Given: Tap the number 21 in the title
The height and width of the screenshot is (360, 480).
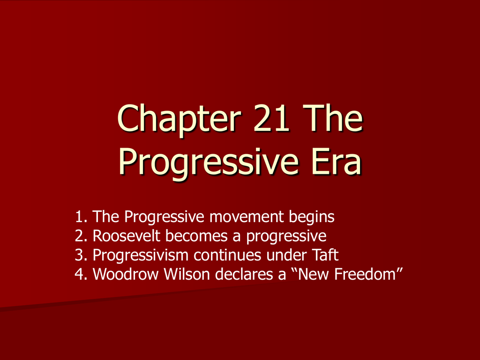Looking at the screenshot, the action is coord(271,118).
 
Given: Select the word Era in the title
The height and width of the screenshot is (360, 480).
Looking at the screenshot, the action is coord(337,161).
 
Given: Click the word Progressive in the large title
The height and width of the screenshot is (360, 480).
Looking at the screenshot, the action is coord(208,164).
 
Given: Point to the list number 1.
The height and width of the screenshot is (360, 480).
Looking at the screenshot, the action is coord(81,217).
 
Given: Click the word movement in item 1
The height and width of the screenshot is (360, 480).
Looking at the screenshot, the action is coord(247,217).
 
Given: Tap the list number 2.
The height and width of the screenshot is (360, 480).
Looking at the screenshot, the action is coord(81,236).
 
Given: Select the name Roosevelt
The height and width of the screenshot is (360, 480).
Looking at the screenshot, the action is coord(126,236).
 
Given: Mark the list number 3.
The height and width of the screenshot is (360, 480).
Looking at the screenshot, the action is coord(81,255).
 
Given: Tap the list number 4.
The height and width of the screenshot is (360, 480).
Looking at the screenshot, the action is coord(81,274).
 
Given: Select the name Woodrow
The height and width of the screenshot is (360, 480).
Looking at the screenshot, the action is coord(126,274).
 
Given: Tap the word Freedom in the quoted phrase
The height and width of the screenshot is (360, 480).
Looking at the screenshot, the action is coord(365,274).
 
